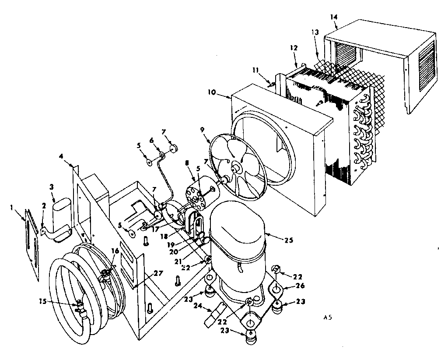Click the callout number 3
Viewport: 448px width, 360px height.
coord(52,187)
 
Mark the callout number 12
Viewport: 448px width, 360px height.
coord(293,47)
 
